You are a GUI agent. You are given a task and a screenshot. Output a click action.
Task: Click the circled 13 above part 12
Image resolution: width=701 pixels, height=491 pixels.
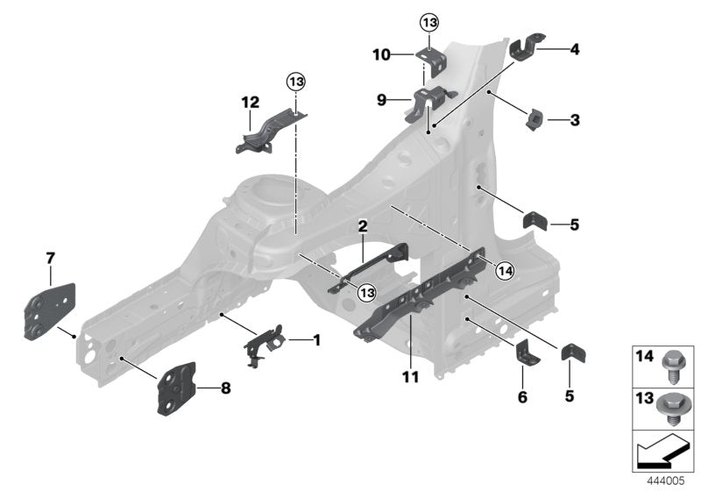[296, 82]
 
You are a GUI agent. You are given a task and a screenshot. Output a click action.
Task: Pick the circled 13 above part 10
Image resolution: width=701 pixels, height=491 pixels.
[428, 21]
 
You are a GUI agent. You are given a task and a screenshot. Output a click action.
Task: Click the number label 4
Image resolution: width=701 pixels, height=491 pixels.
[574, 50]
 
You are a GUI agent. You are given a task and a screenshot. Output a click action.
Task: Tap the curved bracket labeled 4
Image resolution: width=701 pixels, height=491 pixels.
[527, 47]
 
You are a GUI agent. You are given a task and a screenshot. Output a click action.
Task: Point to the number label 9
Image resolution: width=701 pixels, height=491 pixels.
[382, 101]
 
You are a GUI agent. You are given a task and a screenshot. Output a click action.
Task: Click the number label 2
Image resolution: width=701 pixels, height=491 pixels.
[361, 226]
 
